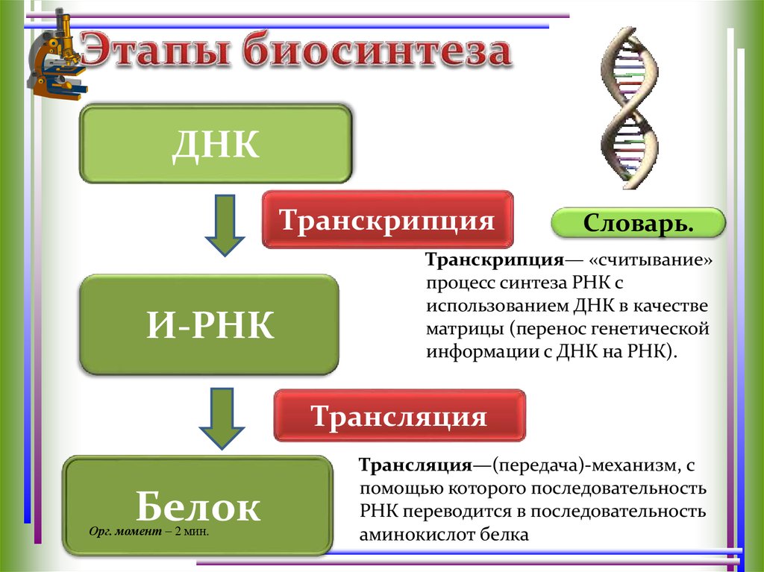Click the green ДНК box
tap(216, 145)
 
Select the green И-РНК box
tap(210, 324)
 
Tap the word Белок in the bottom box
tap(198, 506)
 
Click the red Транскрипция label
tap(387, 220)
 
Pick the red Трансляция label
tap(399, 415)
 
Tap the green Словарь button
tap(637, 223)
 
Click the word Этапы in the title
tap(157, 54)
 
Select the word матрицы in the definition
tap(456, 329)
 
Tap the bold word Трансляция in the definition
tap(415, 465)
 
